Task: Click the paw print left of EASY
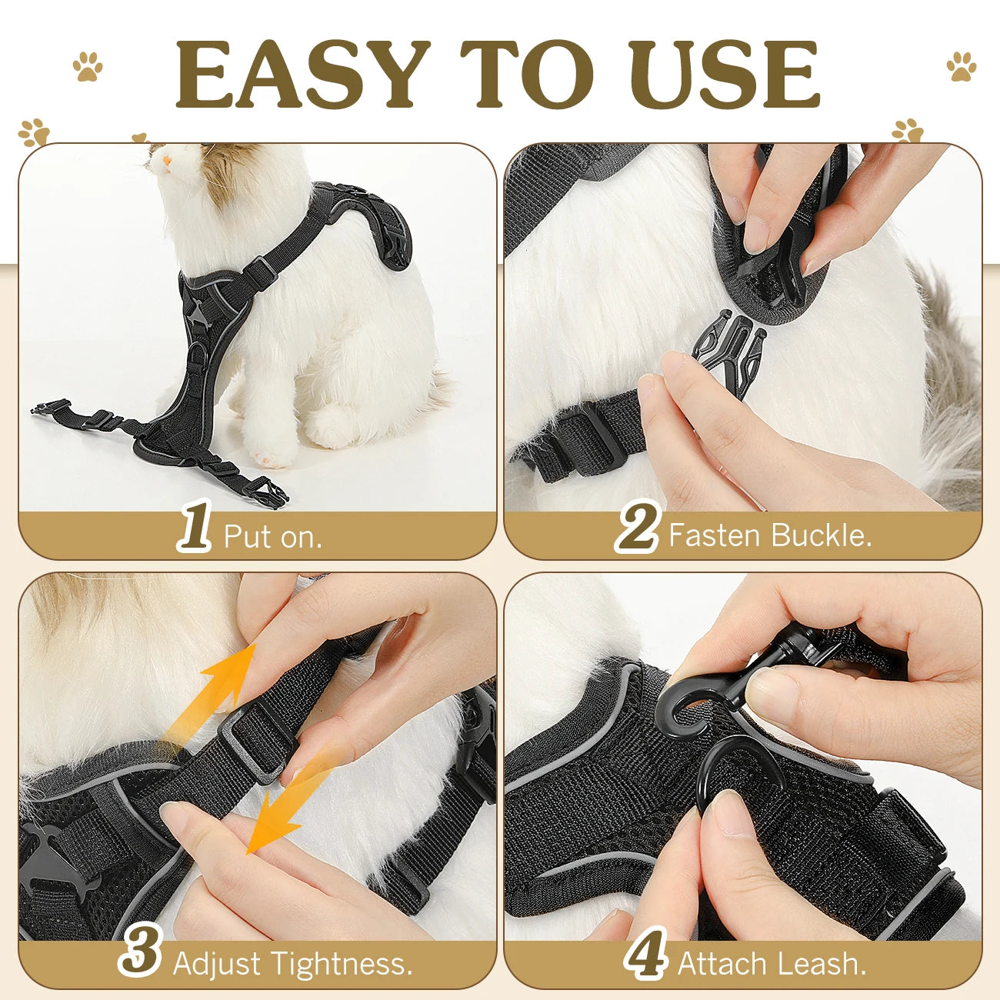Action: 88,66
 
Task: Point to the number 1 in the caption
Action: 195,527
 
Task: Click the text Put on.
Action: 272,536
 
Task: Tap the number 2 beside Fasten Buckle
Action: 638,526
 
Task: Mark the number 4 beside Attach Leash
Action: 645,955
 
